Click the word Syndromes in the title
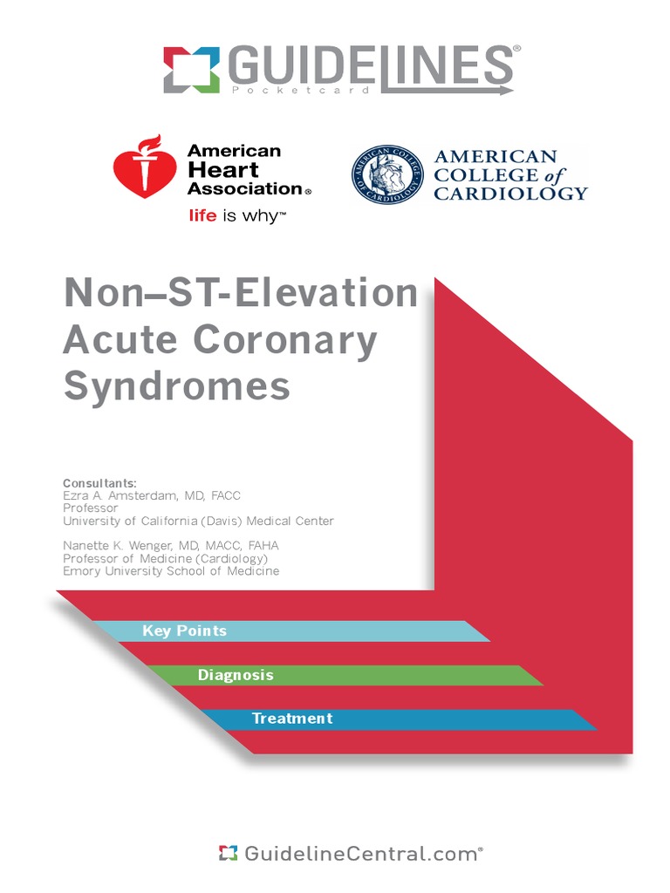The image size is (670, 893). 176,386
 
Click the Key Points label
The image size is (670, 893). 184,631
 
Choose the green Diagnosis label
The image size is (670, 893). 236,675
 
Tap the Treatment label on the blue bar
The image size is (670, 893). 292,719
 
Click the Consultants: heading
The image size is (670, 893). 99,483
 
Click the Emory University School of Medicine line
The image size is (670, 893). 171,571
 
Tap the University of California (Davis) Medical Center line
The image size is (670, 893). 198,521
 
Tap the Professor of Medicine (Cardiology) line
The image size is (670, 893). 165,558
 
